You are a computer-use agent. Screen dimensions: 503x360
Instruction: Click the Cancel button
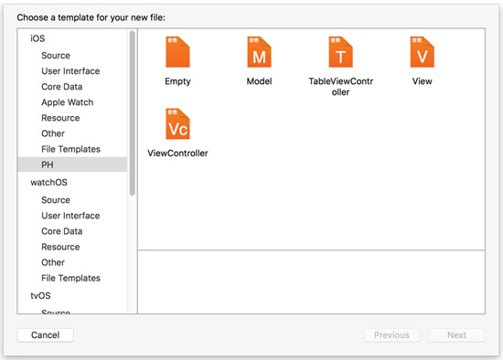[45, 335]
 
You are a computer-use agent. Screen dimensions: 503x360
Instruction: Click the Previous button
[391, 335]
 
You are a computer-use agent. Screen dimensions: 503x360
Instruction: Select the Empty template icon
[177, 52]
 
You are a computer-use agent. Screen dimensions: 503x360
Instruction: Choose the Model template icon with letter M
[259, 52]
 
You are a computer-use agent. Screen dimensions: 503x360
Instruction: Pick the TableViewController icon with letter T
[341, 52]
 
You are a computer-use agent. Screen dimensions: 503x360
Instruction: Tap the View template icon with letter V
[423, 52]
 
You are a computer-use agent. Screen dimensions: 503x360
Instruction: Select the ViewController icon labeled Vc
[177, 123]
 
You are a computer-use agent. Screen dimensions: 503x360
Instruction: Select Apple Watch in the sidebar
[68, 102]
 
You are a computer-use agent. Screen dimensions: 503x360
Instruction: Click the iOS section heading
[37, 38]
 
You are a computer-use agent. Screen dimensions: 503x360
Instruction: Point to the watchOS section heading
[48, 183]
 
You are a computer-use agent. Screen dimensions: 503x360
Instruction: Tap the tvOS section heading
[40, 295]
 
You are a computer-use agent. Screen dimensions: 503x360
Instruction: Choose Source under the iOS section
[56, 56]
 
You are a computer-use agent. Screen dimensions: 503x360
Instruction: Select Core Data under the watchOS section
[62, 231]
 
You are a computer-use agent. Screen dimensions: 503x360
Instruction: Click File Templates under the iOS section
[71, 149]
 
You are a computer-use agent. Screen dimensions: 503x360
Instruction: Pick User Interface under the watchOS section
[70, 216]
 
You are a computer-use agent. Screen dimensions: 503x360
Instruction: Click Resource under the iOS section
[60, 118]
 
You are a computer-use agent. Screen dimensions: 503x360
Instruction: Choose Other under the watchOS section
[53, 262]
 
